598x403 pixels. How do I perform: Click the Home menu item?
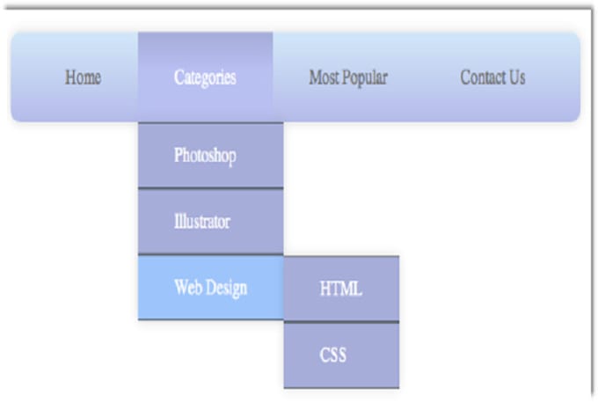point(83,77)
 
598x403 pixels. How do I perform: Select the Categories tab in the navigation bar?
point(205,77)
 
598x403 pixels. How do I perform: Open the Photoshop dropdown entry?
point(205,156)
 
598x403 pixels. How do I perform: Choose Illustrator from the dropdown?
point(201,222)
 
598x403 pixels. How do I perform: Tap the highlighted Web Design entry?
point(210,288)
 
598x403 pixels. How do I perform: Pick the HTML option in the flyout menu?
point(340,289)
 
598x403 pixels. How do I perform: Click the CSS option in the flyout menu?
point(332,355)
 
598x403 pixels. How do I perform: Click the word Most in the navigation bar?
point(325,77)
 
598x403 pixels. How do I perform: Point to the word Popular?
point(366,77)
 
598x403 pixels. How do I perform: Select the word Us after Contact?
point(516,77)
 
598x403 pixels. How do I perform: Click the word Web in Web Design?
point(188,288)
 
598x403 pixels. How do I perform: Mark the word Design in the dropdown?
point(226,288)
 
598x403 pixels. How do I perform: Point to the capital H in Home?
point(70,77)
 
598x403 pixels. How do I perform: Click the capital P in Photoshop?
point(179,156)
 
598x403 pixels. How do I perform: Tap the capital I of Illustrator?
point(177,222)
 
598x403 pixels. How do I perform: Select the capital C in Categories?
point(179,77)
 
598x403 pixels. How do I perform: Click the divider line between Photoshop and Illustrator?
point(210,188)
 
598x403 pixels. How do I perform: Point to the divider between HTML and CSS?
point(341,322)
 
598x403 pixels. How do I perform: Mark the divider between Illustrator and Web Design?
point(210,255)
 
